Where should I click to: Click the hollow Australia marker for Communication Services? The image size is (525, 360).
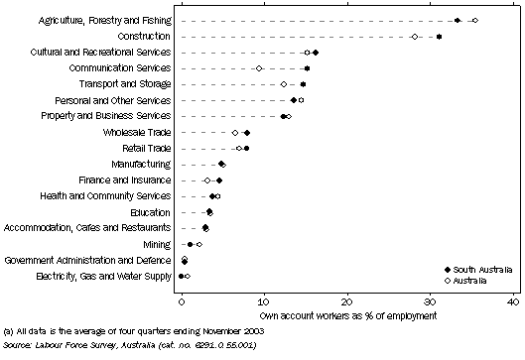click(x=259, y=68)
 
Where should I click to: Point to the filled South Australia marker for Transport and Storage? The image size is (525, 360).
click(x=303, y=84)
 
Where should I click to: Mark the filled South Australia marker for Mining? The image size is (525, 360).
click(x=191, y=243)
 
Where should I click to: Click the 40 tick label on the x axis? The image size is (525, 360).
click(x=512, y=300)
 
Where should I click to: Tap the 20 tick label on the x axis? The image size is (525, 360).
click(x=346, y=300)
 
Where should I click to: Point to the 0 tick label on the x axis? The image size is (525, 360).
click(x=182, y=300)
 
